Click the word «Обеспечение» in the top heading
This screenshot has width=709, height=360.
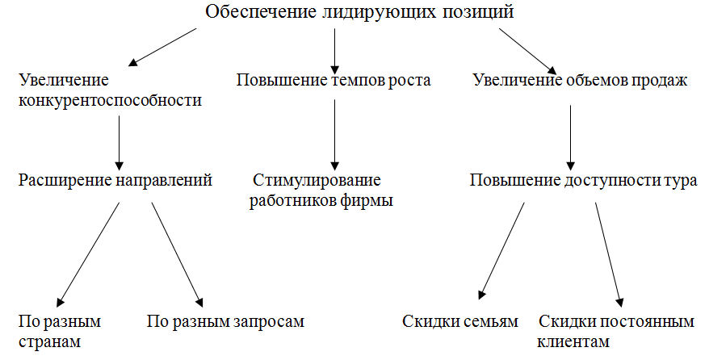click(x=261, y=11)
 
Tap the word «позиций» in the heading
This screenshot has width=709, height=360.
click(x=478, y=12)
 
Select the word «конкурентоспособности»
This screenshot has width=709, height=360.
click(x=110, y=100)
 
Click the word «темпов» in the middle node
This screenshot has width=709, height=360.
click(x=359, y=80)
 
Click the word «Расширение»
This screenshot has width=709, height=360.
click(x=65, y=181)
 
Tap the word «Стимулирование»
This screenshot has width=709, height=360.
click(x=317, y=180)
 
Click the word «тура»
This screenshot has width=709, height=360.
click(x=681, y=181)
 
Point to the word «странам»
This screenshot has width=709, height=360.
click(x=50, y=342)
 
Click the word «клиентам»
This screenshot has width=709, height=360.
click(x=573, y=342)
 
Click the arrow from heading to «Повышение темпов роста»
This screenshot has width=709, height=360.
click(x=334, y=52)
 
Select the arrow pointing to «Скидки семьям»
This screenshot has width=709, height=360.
click(x=501, y=251)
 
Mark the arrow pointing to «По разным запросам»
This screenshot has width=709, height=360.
click(x=177, y=255)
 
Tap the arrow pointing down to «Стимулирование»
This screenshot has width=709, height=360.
click(x=334, y=135)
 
